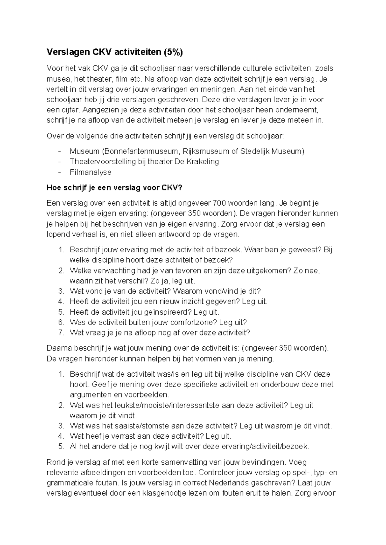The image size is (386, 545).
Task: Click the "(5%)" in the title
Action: (x=172, y=52)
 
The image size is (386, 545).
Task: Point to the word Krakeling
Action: (x=203, y=161)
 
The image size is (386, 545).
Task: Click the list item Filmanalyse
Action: (x=90, y=172)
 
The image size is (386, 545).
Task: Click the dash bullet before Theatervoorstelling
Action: (x=59, y=161)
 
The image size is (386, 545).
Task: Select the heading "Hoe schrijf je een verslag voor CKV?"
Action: (x=114, y=188)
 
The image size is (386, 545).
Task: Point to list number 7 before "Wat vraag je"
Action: (x=61, y=332)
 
